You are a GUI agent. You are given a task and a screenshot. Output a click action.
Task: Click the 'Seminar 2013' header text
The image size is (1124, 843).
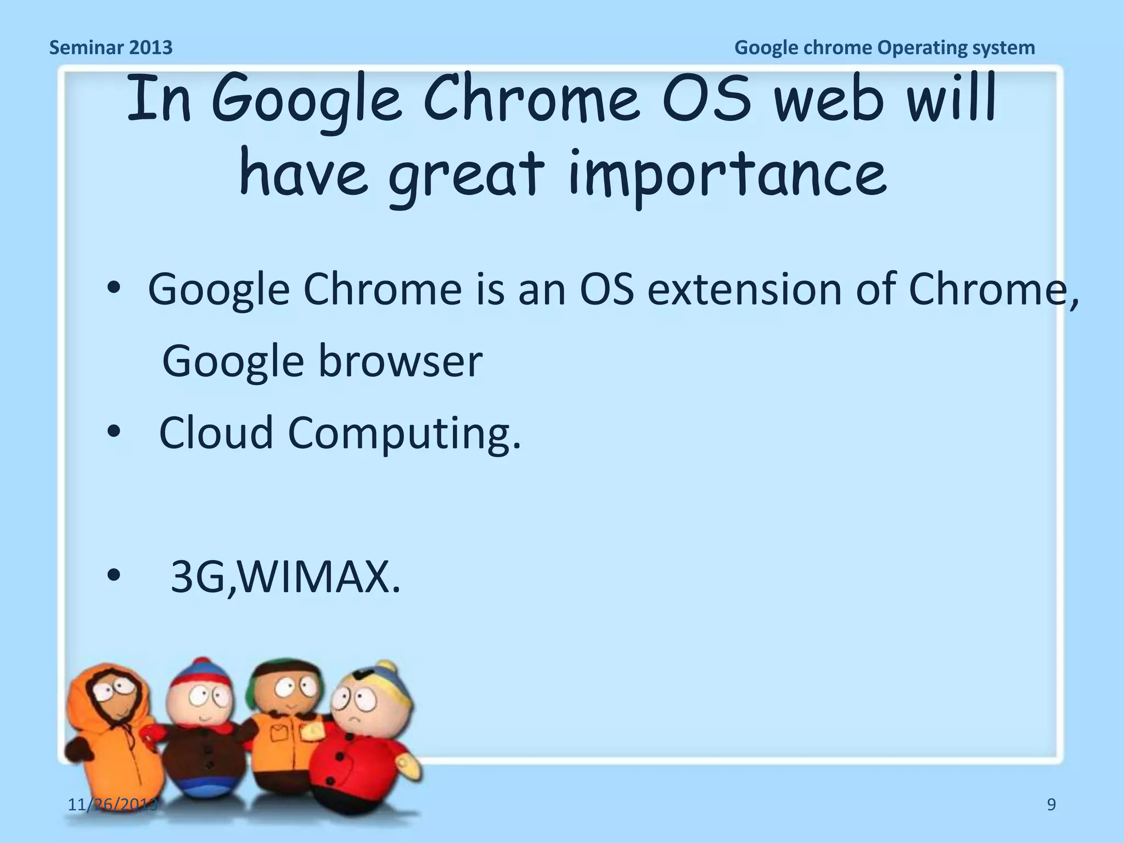point(111,48)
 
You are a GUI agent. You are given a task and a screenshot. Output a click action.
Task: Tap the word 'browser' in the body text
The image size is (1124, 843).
point(400,362)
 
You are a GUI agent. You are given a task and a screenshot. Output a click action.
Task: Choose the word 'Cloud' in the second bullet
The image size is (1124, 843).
point(216,432)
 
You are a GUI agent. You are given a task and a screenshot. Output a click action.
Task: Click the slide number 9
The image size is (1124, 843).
point(1051,805)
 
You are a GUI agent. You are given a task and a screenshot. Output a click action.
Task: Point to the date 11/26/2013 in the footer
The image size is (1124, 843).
point(113,805)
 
